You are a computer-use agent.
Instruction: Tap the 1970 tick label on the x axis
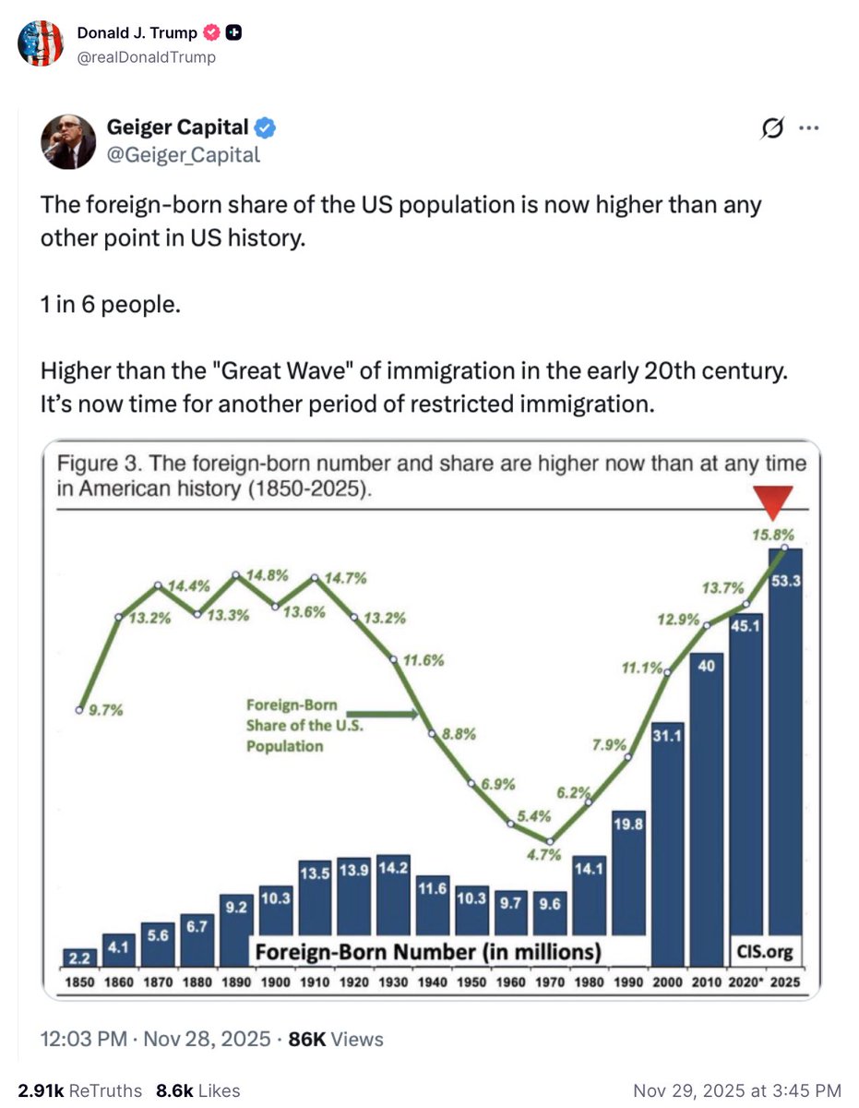550,982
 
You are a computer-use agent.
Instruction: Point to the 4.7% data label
544,854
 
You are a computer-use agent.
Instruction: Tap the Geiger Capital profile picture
66,142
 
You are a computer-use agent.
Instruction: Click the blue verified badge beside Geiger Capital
265,127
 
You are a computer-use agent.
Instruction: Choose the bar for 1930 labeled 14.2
393,909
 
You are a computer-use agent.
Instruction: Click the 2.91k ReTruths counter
80,1090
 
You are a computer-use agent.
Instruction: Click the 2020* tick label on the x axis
746,982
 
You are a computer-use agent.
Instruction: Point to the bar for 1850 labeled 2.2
80,956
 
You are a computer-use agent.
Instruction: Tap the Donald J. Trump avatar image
41,43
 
